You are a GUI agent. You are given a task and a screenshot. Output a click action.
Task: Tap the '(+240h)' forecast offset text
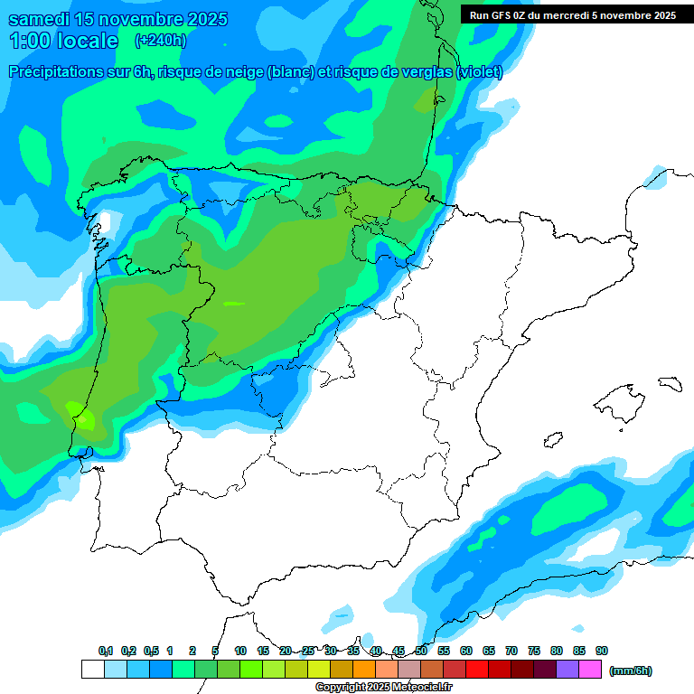click(x=161, y=41)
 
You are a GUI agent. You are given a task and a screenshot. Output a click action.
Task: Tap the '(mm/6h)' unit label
click(x=631, y=671)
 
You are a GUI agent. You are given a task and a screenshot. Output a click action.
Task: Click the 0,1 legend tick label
click(x=106, y=652)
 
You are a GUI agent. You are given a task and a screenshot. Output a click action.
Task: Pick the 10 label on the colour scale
click(x=240, y=652)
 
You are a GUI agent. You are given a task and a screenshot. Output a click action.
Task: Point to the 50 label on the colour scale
click(x=421, y=652)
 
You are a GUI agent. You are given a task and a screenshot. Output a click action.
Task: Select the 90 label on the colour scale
click(x=602, y=652)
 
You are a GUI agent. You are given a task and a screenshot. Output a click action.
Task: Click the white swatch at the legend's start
click(x=92, y=670)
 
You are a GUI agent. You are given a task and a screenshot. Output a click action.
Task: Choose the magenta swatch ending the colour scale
click(x=591, y=670)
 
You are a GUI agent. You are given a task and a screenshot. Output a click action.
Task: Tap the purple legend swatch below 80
click(x=568, y=670)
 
